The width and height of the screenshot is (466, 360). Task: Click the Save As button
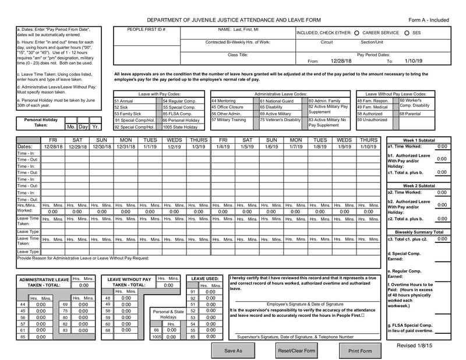coord(233,351)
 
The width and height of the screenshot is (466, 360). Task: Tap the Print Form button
coord(359,351)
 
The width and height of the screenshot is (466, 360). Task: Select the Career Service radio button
coord(356,33)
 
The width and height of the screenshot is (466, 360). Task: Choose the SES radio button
coord(406,33)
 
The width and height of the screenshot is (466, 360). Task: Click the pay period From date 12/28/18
coord(341,61)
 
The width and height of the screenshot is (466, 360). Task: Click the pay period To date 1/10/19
coord(414,61)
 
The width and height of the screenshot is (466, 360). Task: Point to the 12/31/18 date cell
coord(126,147)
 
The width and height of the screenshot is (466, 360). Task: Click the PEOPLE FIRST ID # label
coord(146,29)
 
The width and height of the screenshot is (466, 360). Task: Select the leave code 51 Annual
coord(125,101)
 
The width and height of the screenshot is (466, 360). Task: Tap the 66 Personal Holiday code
coord(181,120)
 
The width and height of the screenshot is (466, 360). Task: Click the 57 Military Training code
coord(228,120)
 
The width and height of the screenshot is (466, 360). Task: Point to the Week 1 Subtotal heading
coord(419,140)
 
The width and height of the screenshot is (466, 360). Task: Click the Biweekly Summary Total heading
coord(419,232)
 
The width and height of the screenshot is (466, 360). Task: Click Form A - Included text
coord(429,20)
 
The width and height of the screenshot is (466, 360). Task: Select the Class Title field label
coord(238,54)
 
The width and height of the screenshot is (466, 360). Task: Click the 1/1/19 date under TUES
coord(150,147)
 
